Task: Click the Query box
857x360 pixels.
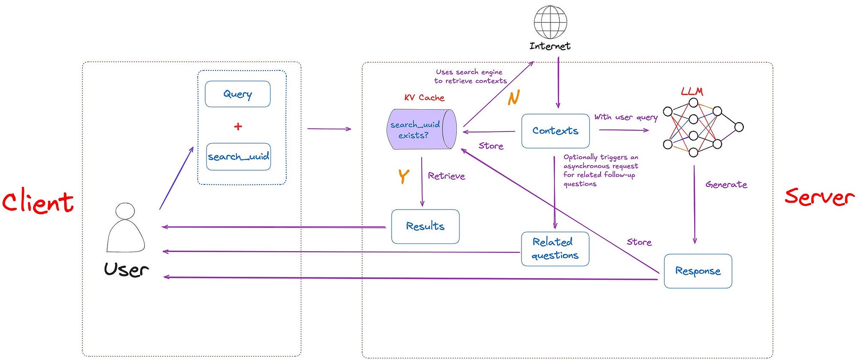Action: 238,94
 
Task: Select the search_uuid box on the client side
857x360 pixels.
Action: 239,157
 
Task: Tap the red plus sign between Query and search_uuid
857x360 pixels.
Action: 238,126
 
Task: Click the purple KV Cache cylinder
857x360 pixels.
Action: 422,129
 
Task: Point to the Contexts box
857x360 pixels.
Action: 555,131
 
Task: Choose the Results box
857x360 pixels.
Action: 426,226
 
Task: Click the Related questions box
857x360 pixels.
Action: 555,249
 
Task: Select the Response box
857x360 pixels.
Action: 698,271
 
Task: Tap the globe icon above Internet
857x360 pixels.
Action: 550,22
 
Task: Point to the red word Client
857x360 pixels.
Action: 38,202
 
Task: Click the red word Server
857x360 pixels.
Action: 819,196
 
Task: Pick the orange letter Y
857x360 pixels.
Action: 404,176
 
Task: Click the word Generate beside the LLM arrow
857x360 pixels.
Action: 726,185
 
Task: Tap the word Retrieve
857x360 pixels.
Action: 446,176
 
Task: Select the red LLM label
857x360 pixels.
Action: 692,91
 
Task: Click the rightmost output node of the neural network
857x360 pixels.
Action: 739,127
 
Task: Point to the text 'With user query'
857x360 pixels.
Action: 626,117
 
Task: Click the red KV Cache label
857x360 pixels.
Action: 424,98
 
